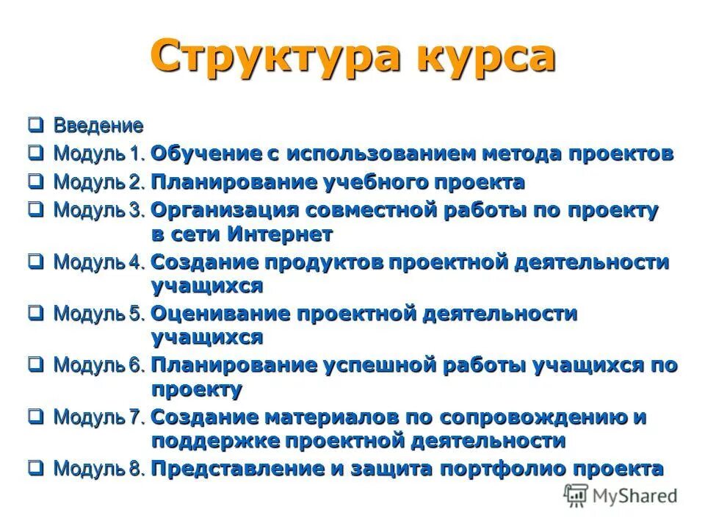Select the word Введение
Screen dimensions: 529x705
[x=98, y=125]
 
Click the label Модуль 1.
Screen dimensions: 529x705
[x=100, y=154]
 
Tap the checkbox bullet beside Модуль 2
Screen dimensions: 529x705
[x=36, y=181]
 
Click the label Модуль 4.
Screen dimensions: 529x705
[x=100, y=262]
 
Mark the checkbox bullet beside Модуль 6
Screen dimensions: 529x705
[x=36, y=364]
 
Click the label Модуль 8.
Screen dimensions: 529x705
[x=100, y=468]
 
